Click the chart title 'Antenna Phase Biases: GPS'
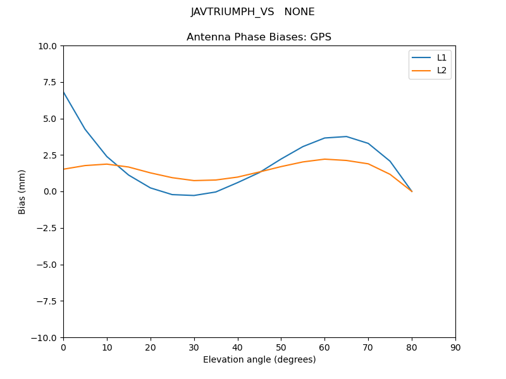(x=259, y=37)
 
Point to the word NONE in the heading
(x=299, y=12)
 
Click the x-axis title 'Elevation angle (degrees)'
(x=259, y=360)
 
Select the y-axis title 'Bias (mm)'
(x=22, y=191)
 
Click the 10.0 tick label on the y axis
(x=48, y=46)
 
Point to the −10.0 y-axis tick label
(x=45, y=337)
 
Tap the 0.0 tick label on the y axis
(x=51, y=191)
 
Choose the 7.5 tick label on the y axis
(x=51, y=82)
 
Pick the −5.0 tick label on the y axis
(x=47, y=265)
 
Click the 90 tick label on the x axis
(x=455, y=347)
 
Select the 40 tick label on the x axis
(x=238, y=347)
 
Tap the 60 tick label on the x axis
(x=324, y=347)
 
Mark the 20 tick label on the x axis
(x=151, y=347)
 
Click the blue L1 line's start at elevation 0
(x=63, y=92)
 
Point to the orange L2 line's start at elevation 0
(x=63, y=169)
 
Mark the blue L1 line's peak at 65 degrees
(x=347, y=136)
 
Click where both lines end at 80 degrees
(x=412, y=191)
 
